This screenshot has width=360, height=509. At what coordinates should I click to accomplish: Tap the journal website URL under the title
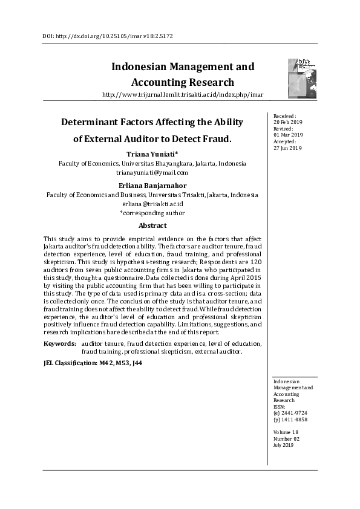pos(183,95)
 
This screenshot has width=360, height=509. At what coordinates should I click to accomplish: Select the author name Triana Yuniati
pos(152,154)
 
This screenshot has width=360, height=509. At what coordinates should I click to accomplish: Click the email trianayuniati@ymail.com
pos(152,172)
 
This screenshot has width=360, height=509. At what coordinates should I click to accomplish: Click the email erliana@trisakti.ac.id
pos(152,204)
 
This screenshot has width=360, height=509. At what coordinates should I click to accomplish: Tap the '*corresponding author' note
pos(152,213)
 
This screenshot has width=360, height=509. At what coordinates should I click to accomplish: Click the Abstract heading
pos(152,225)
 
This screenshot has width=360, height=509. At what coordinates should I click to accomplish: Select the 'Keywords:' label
pos(60,343)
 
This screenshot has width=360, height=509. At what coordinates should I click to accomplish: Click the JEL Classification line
pos(94,363)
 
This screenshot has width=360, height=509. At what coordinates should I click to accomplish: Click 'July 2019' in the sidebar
pos(284,445)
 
